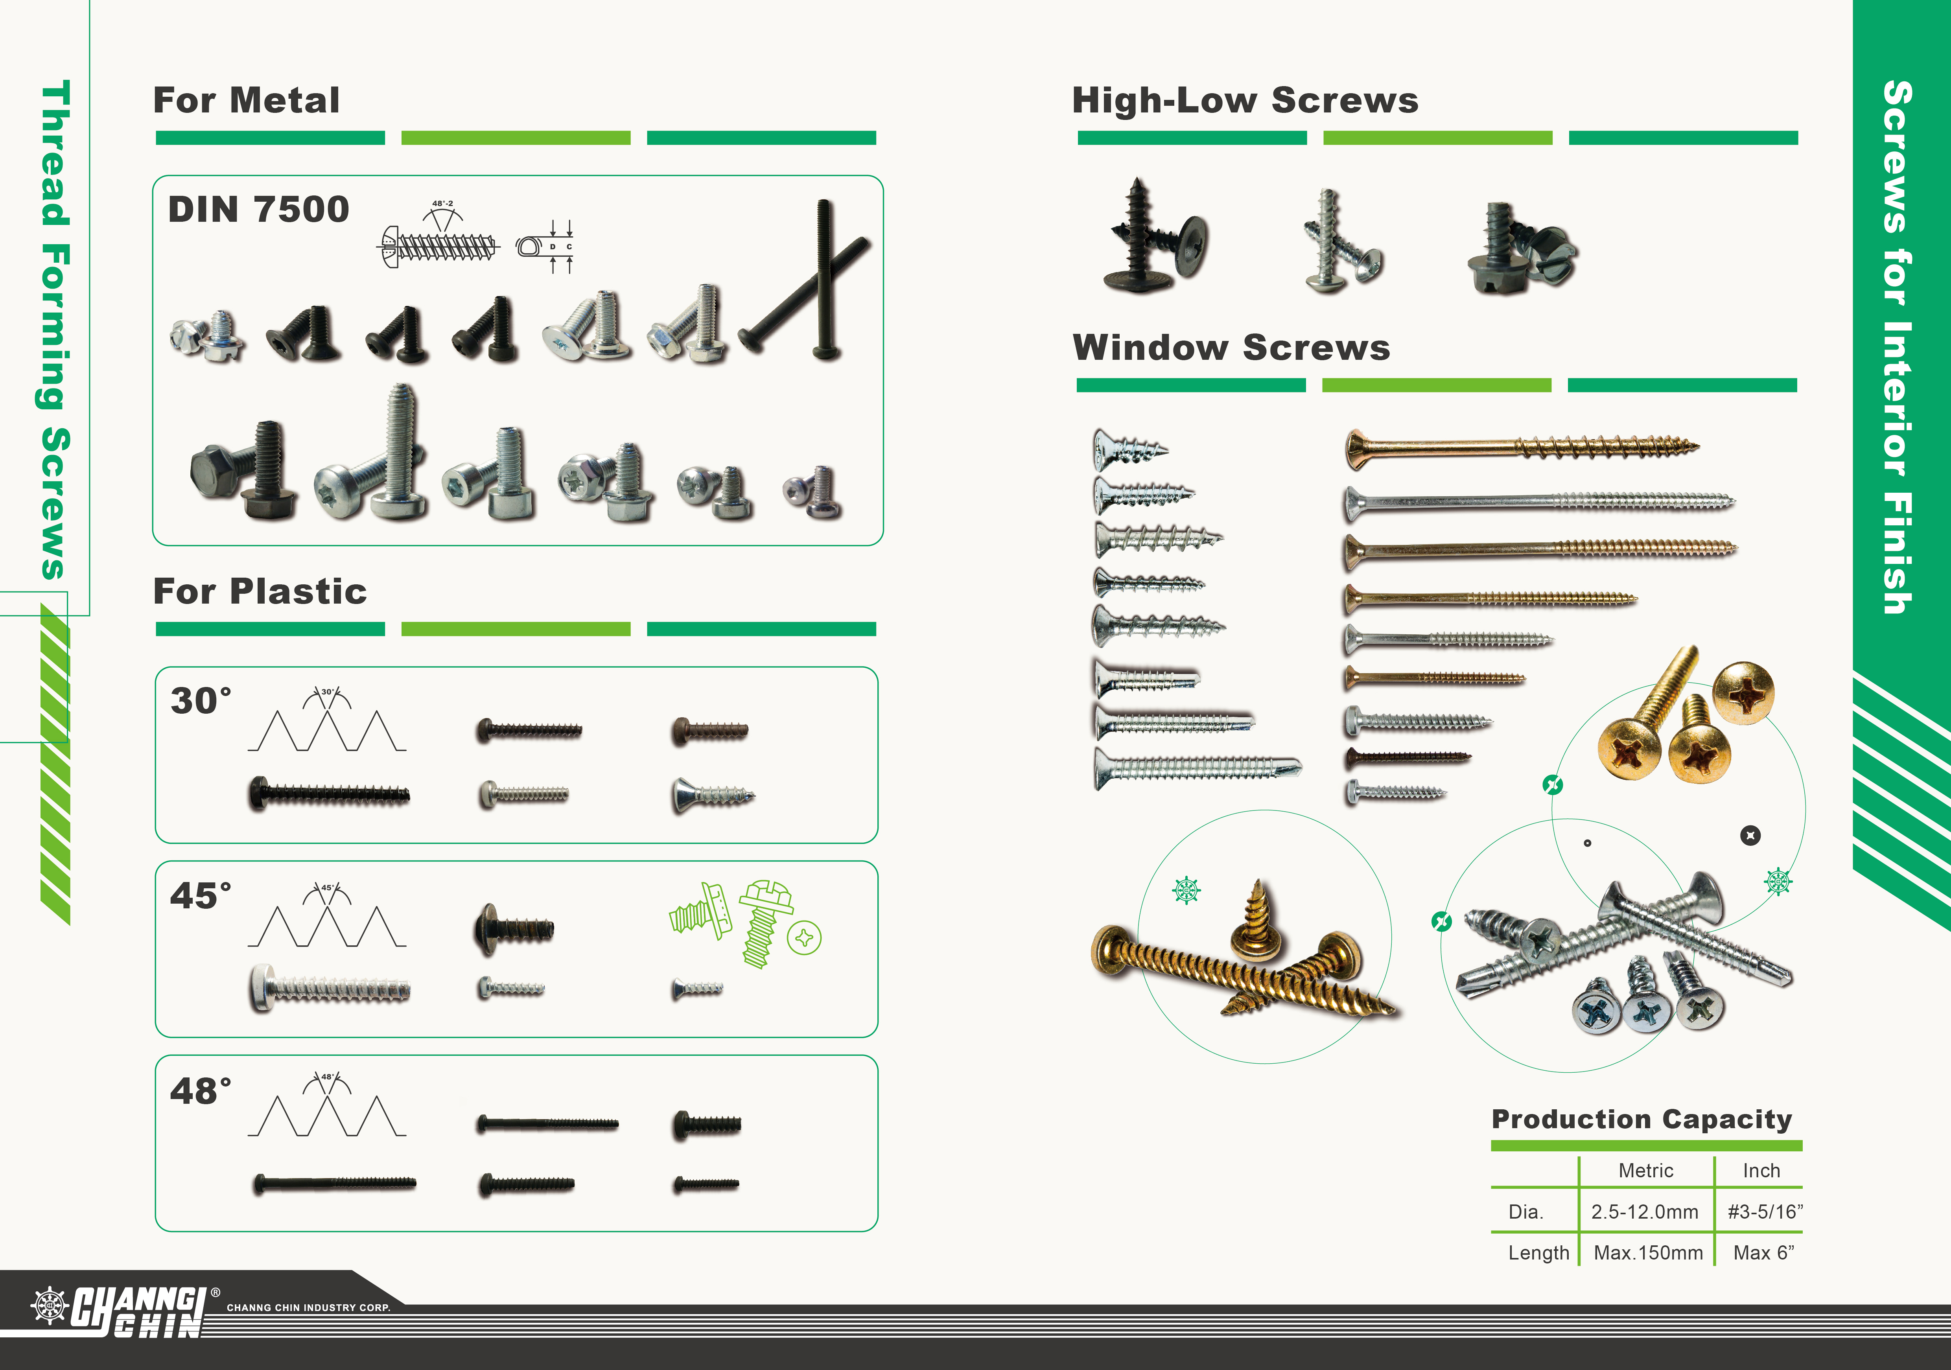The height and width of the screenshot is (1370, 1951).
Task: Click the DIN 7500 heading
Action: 258,209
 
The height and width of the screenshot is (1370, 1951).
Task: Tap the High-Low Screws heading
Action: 1245,100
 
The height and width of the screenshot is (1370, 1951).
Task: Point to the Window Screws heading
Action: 1231,348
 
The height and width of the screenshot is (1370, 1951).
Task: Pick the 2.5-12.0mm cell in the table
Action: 1645,1212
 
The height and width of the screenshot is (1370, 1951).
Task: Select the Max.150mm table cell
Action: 1649,1253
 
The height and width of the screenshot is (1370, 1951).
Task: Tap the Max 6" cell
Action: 1763,1253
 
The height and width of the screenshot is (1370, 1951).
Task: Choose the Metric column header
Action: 1646,1170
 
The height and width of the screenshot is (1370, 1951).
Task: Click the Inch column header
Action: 1761,1170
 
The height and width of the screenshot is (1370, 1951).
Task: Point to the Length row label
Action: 1538,1253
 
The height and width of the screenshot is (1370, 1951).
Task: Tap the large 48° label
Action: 201,1090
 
